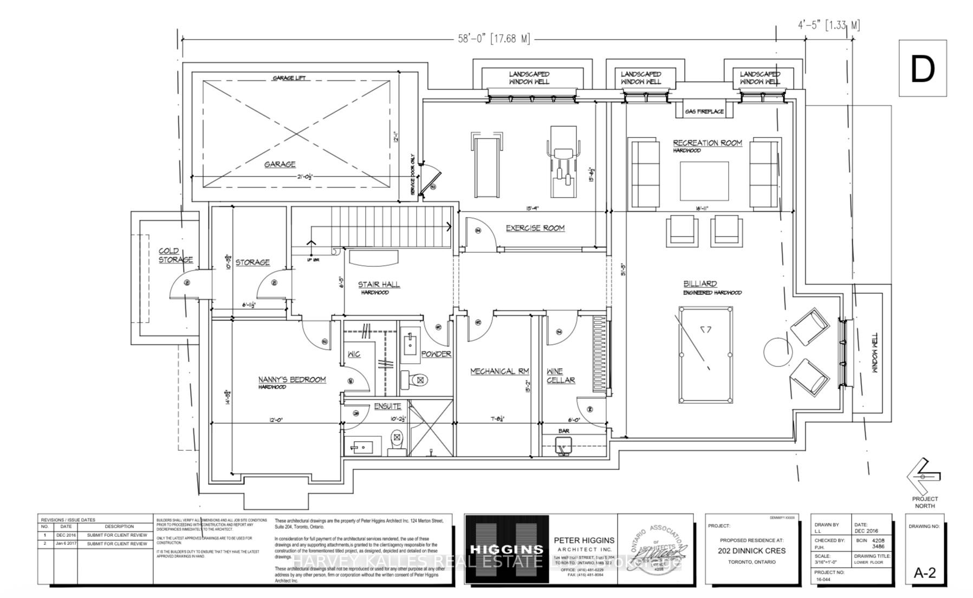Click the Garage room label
tap(280, 164)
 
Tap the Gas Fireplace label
tap(704, 111)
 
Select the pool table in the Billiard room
tap(706, 354)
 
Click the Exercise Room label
tap(535, 228)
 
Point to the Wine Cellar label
tap(560, 376)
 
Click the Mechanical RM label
tap(499, 371)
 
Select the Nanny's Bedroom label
tap(292, 379)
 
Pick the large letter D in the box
tap(922, 69)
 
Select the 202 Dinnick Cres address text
tap(751, 551)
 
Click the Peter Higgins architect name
tap(584, 540)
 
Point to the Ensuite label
tap(387, 406)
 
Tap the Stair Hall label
tap(379, 284)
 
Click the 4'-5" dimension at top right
tap(828, 25)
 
